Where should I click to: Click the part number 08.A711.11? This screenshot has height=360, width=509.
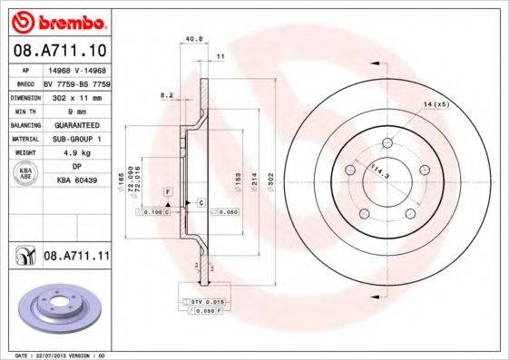coord(76,258)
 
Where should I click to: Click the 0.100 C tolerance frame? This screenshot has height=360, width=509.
coord(153,212)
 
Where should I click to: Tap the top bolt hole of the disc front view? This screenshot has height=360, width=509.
coord(387,142)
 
